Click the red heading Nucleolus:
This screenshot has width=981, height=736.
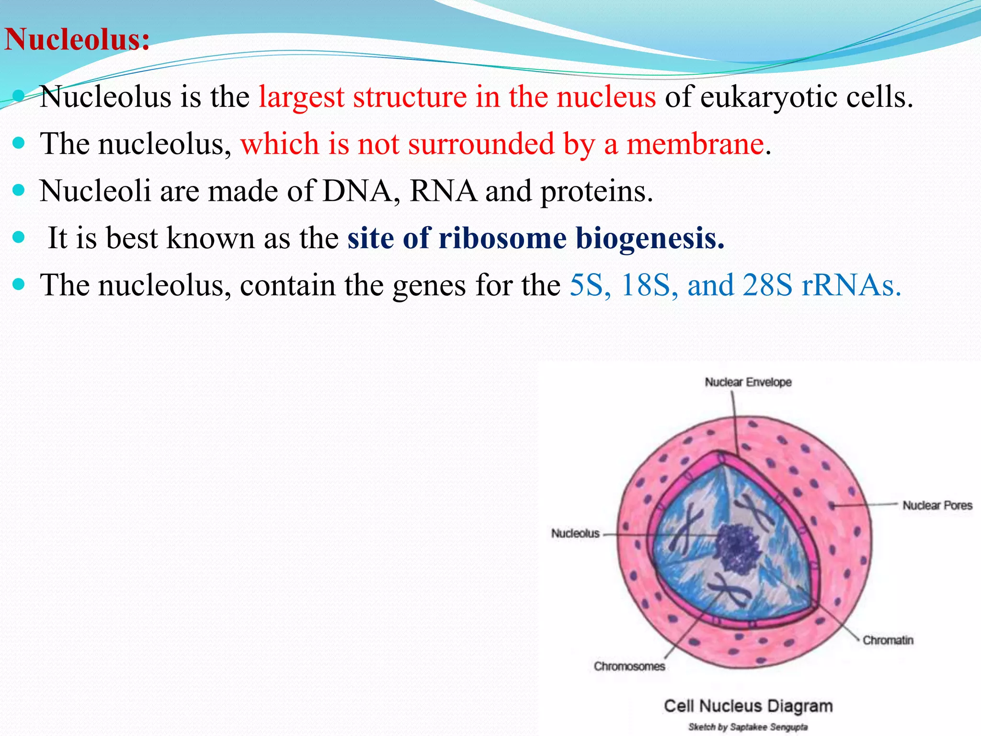tap(77, 39)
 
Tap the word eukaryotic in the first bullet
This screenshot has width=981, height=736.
tap(768, 97)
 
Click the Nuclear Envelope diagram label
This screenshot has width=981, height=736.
tap(748, 382)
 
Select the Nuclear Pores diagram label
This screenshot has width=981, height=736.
tap(937, 506)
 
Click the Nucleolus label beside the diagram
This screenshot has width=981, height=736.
tap(575, 533)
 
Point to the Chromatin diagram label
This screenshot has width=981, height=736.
tap(888, 640)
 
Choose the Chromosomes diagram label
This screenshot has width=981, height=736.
tap(629, 667)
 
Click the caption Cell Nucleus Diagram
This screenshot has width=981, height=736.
tap(748, 706)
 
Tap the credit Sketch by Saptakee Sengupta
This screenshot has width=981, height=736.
tap(748, 727)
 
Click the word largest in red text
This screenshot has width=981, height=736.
tap(301, 97)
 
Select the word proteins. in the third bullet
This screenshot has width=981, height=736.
tap(596, 191)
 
